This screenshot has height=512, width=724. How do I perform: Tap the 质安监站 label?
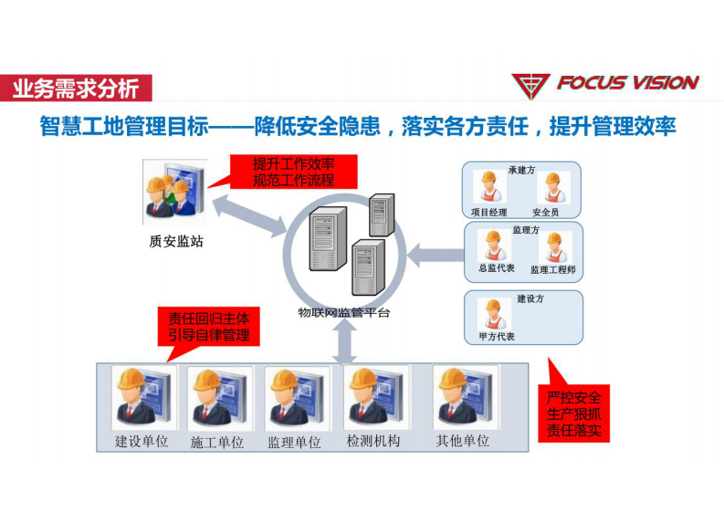tap(174, 242)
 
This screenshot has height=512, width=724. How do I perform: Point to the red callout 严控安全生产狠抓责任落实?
tap(574, 413)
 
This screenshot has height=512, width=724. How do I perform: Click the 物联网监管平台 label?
tap(344, 312)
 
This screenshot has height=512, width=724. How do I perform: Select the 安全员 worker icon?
tap(551, 190)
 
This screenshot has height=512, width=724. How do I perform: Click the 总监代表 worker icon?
tap(495, 246)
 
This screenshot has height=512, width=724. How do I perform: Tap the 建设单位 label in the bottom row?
tap(142, 443)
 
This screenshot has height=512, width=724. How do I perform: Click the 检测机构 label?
tap(373, 442)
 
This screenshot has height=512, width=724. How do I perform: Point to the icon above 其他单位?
tap(463, 396)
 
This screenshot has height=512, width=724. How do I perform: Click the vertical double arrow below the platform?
tap(345, 342)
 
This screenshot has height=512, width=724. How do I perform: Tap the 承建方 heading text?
tap(522, 170)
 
